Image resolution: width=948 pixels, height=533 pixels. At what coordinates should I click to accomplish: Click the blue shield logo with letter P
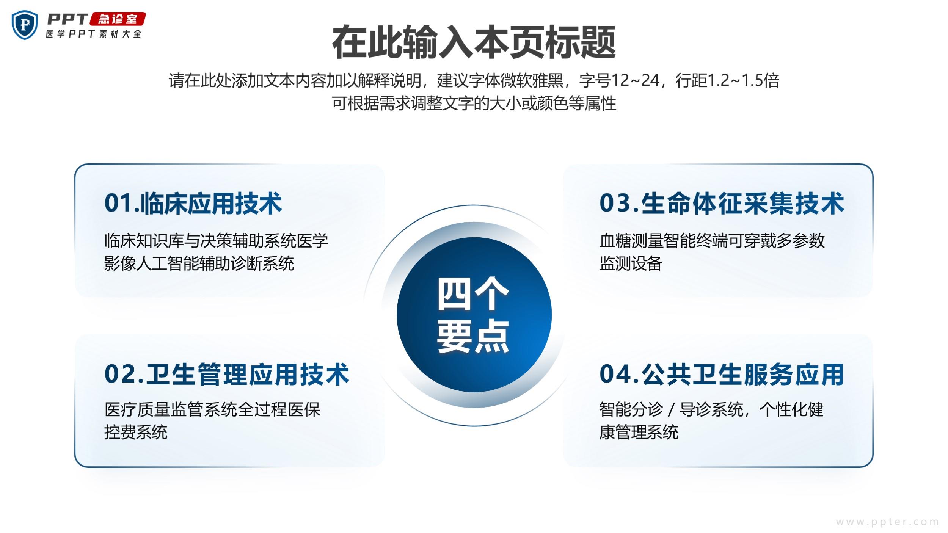tap(25, 25)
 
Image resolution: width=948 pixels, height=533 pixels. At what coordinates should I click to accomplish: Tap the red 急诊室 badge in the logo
tap(118, 19)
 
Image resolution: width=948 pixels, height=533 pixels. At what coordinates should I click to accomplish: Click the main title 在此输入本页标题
tap(474, 42)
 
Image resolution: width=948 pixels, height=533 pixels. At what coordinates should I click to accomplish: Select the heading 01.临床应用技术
tap(193, 204)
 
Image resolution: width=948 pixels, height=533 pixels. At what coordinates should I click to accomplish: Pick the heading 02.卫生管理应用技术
tap(227, 375)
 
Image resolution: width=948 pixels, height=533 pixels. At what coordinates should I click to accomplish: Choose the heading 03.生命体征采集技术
tap(722, 204)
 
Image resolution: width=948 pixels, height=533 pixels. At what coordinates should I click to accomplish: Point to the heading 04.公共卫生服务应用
tap(722, 375)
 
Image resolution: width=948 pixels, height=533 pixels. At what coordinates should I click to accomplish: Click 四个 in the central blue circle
tap(473, 294)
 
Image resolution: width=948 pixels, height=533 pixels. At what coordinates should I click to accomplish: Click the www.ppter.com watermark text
tap(887, 522)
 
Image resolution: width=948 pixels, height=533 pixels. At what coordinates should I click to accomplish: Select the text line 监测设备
tap(631, 263)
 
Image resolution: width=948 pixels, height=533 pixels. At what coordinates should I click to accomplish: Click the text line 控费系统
tap(136, 432)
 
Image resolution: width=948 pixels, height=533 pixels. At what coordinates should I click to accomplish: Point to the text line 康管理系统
tap(639, 432)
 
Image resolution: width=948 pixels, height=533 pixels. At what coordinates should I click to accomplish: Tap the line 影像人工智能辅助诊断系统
tap(199, 263)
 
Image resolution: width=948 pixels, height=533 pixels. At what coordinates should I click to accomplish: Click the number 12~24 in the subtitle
tap(636, 80)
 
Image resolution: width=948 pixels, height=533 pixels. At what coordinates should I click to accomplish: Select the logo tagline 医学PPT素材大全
tap(94, 34)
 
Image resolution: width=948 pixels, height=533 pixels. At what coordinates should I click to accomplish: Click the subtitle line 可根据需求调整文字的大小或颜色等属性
tap(474, 103)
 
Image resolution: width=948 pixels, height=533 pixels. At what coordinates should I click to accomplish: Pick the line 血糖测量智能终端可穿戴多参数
tap(712, 241)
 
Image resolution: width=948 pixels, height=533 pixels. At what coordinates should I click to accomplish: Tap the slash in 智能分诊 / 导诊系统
tap(671, 410)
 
